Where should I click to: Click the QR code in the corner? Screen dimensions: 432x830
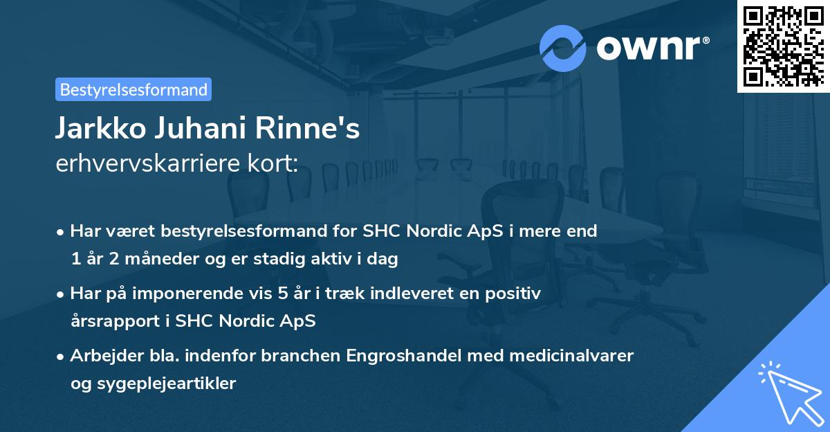tap(783, 46)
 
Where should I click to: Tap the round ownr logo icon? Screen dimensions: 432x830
tap(563, 48)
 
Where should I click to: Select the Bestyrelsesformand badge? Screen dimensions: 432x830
tap(133, 89)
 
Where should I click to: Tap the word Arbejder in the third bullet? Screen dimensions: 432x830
tap(100, 356)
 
